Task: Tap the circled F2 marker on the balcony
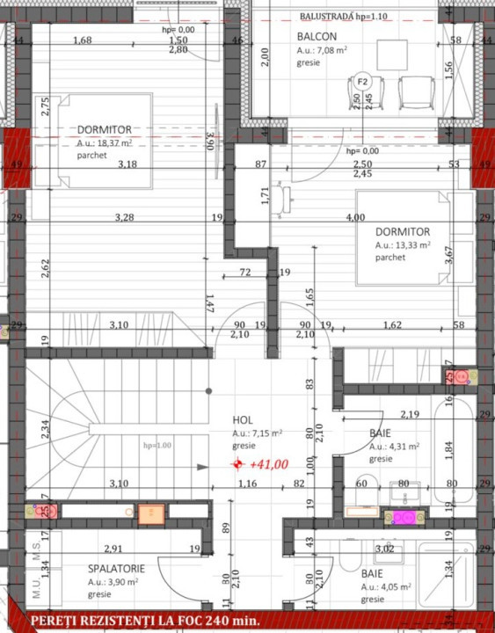[361, 82]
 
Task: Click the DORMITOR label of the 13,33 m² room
[403, 232]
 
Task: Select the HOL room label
[243, 420]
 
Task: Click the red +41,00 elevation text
[269, 465]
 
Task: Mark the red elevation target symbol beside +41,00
[237, 464]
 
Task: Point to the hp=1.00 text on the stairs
[158, 446]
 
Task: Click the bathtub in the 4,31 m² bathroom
[449, 449]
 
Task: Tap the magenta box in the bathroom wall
[404, 517]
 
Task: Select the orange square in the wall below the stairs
[151, 513]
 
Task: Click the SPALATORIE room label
[116, 569]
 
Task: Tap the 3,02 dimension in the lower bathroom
[384, 549]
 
